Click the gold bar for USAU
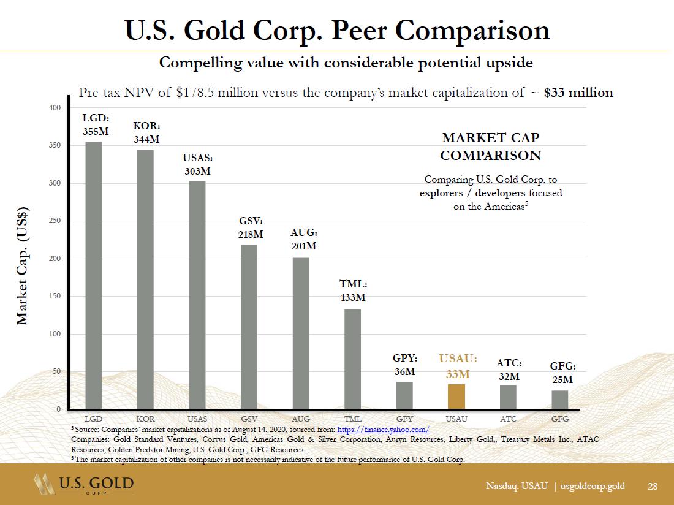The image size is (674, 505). click(x=456, y=397)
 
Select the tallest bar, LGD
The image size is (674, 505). click(x=94, y=276)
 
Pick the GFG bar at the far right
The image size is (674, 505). click(x=559, y=400)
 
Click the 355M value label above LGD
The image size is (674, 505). click(x=96, y=131)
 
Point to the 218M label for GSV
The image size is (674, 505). click(x=250, y=234)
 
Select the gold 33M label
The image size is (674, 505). click(x=458, y=374)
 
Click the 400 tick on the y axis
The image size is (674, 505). click(x=55, y=108)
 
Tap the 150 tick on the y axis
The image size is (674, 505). click(x=55, y=297)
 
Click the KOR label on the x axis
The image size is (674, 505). click(x=146, y=419)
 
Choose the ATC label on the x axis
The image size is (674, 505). click(x=508, y=419)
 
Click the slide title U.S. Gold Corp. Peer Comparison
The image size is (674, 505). click(x=337, y=30)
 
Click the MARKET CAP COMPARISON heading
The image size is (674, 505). click(x=490, y=146)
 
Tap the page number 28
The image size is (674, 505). click(x=653, y=486)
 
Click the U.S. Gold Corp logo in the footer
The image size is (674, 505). click(x=83, y=486)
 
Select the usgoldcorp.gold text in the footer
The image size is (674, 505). click(x=593, y=486)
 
